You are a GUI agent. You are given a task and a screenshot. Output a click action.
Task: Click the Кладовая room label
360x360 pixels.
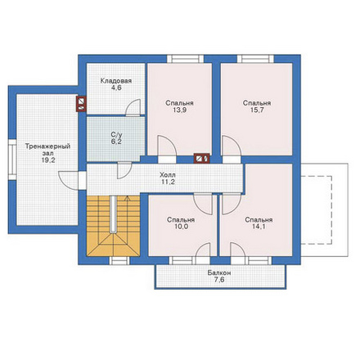(x=116, y=81)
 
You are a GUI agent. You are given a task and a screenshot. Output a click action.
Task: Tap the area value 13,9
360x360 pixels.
(x=179, y=110)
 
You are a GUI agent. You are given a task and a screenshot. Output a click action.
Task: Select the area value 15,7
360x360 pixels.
(x=257, y=110)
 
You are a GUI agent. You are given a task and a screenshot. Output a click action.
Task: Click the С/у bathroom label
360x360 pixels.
(x=116, y=134)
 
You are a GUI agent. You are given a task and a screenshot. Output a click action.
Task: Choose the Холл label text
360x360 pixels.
(x=168, y=175)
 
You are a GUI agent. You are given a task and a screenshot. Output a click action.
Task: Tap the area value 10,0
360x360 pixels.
(x=181, y=227)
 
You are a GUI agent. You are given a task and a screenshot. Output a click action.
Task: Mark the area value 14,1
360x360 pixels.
(x=259, y=227)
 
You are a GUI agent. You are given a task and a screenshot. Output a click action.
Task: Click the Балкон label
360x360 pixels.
(x=219, y=272)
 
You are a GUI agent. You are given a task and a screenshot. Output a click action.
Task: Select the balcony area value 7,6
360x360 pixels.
(x=219, y=280)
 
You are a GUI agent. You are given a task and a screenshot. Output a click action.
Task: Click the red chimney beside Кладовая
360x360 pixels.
(x=81, y=104)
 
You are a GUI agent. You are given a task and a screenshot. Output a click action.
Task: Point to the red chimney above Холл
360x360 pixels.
(x=202, y=158)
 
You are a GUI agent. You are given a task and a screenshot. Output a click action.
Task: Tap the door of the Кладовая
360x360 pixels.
(x=133, y=108)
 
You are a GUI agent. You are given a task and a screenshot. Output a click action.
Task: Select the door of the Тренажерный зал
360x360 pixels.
(x=68, y=181)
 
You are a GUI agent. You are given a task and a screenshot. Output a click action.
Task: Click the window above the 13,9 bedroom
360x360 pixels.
(x=185, y=59)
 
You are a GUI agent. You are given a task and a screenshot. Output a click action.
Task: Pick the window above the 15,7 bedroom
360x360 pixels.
(x=255, y=59)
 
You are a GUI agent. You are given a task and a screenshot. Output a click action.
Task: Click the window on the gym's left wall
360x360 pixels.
(x=12, y=160)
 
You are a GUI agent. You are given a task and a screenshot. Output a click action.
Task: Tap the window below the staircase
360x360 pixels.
(x=119, y=261)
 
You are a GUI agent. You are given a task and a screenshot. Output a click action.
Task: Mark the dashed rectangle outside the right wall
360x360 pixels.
(x=317, y=209)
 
